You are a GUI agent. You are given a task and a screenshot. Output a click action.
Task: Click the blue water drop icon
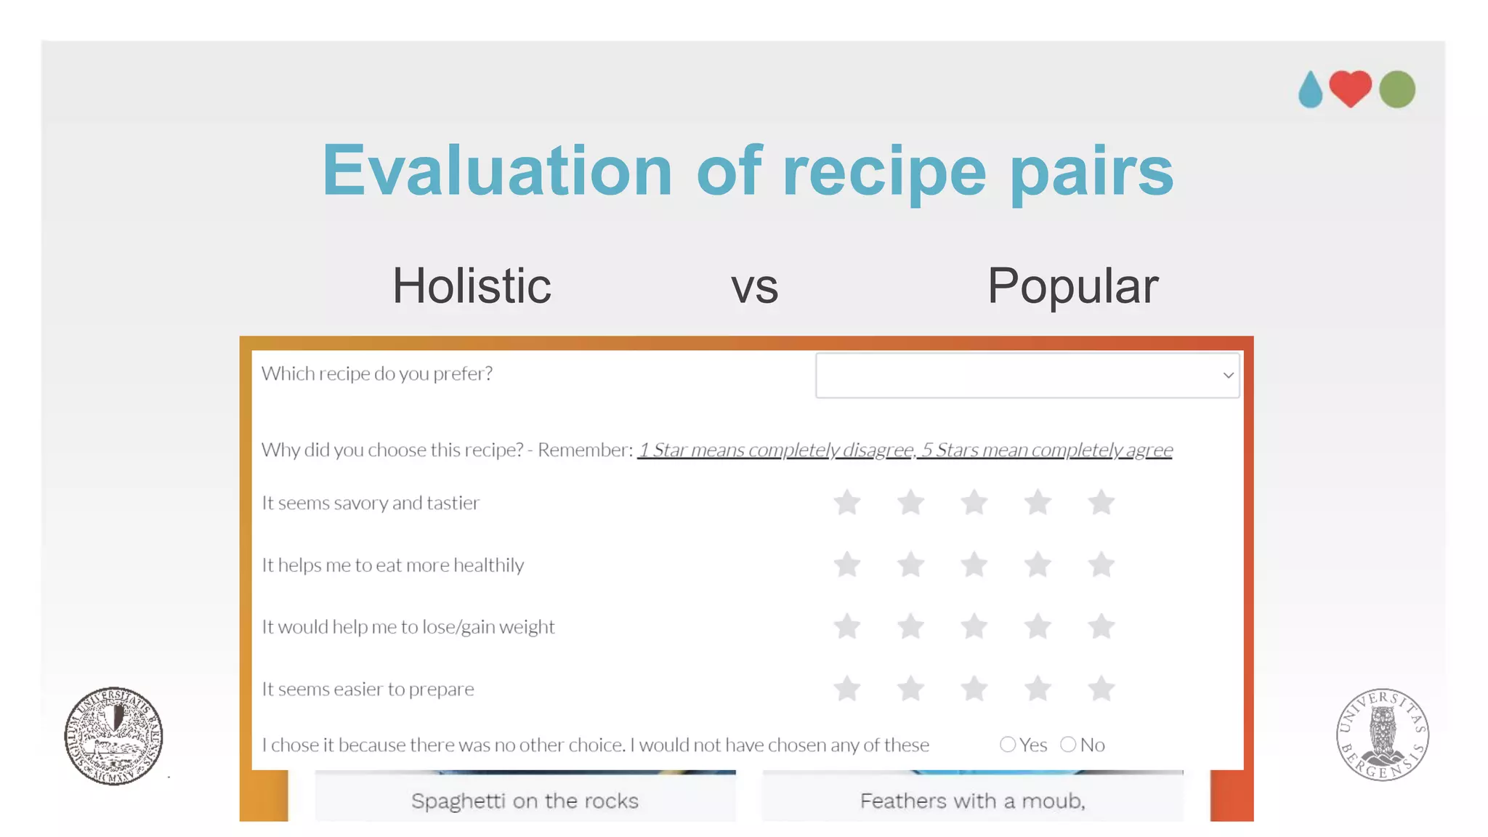pyautogui.click(x=1310, y=91)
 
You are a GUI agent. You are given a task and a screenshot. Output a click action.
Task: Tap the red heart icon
pyautogui.click(x=1350, y=88)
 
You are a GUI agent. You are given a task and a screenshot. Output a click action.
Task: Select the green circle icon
pyautogui.click(x=1396, y=89)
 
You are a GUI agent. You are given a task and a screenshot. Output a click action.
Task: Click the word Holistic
pyautogui.click(x=472, y=286)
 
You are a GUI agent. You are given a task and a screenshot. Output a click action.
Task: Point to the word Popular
pyautogui.click(x=1072, y=286)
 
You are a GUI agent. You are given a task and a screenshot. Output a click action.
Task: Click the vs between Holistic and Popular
pyautogui.click(x=754, y=287)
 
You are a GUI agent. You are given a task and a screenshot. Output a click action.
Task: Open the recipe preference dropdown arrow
pyautogui.click(x=1228, y=376)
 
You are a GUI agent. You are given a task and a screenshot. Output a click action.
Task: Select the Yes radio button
pyautogui.click(x=1008, y=744)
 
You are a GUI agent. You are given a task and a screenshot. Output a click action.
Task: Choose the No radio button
pyautogui.click(x=1068, y=744)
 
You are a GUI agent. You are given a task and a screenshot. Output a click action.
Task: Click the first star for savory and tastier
pyautogui.click(x=847, y=502)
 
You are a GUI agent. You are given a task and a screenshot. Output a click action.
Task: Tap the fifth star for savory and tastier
pyautogui.click(x=1101, y=502)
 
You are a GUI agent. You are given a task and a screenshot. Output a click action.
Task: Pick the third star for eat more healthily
pyautogui.click(x=974, y=565)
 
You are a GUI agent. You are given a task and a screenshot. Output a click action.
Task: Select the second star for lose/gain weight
pyautogui.click(x=910, y=626)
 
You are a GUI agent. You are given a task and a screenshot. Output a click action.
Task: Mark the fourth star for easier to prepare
pyautogui.click(x=1038, y=688)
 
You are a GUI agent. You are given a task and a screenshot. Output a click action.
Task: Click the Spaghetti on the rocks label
pyautogui.click(x=525, y=801)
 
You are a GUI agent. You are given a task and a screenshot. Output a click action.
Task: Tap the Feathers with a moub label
pyautogui.click(x=972, y=801)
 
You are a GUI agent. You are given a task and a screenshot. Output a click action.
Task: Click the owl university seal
pyautogui.click(x=1382, y=735)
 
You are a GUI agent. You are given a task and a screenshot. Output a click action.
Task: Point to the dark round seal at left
pyautogui.click(x=113, y=736)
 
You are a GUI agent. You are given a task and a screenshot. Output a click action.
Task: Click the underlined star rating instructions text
pyautogui.click(x=905, y=450)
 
